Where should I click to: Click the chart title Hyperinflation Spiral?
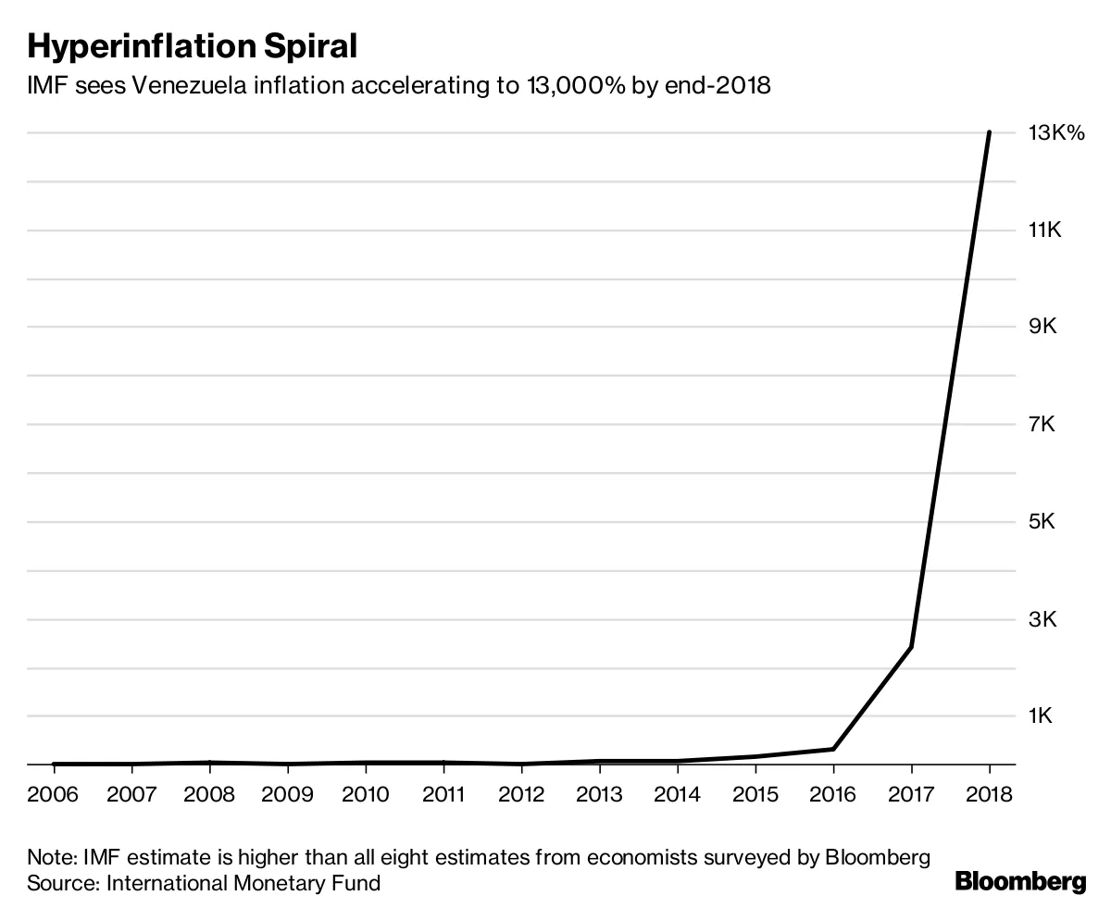tap(192, 46)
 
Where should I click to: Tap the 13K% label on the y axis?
tap(1055, 133)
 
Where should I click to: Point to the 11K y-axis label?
tap(1044, 230)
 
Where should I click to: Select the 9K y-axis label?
tap(1043, 328)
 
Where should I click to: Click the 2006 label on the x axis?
tap(53, 794)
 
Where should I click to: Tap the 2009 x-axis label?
tap(287, 794)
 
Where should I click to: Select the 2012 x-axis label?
tap(521, 794)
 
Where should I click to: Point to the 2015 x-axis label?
tap(755, 794)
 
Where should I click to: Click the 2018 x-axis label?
tap(989, 794)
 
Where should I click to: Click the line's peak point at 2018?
tap(989, 133)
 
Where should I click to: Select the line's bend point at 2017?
tap(911, 647)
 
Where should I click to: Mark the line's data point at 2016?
tap(833, 749)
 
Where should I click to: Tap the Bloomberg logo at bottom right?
tap(1020, 882)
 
